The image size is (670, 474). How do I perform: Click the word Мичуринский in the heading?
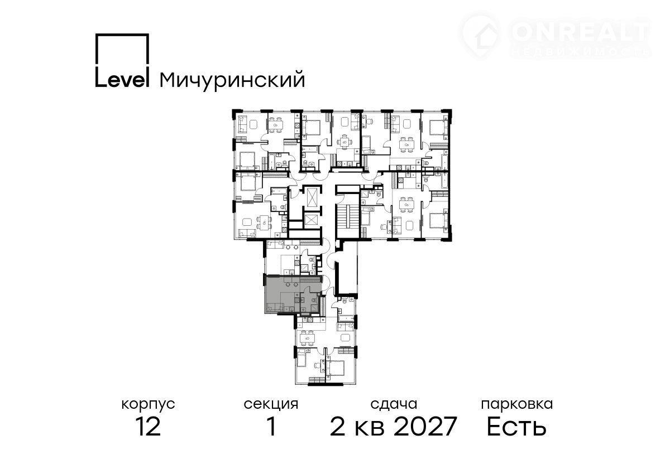[x=232, y=80]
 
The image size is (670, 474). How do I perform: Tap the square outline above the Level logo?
[x=122, y=49]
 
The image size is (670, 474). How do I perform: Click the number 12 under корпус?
[x=148, y=427]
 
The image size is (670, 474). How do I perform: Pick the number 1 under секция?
[x=271, y=427]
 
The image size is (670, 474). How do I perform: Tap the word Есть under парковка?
[x=516, y=427]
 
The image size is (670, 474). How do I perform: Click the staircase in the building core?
[x=347, y=217]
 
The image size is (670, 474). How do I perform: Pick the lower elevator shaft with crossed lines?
[x=312, y=221]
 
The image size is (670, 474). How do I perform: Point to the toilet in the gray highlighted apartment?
[x=314, y=300]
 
